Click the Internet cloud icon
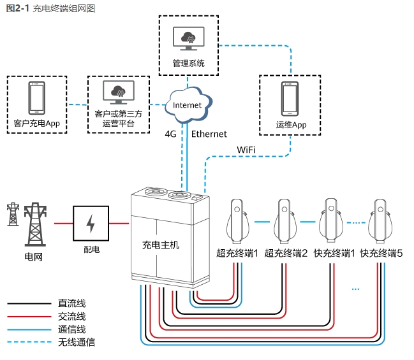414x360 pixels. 188,105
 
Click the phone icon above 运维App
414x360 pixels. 291,98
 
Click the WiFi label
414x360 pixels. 246,149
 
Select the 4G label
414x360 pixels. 170,134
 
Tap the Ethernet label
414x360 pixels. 209,134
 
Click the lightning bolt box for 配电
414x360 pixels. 91,224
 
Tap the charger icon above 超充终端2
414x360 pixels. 285,220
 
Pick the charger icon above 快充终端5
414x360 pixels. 381,220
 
